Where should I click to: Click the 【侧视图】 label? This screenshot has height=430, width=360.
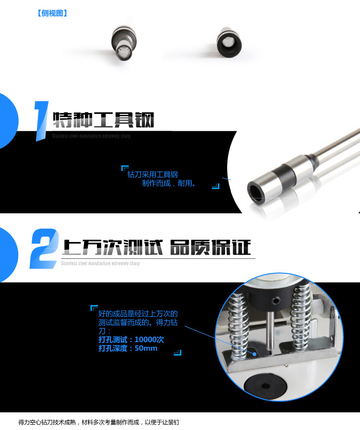(x=52, y=13)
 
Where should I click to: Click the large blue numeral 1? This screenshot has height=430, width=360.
(x=41, y=121)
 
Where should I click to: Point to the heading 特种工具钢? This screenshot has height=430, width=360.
(x=103, y=120)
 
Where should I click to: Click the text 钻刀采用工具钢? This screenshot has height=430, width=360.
(x=153, y=174)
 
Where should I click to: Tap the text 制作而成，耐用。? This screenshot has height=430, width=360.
(x=169, y=183)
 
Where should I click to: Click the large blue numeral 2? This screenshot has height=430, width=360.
(x=44, y=248)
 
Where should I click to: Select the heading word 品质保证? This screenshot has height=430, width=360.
(x=210, y=247)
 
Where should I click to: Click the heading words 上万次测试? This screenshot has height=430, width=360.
(x=113, y=247)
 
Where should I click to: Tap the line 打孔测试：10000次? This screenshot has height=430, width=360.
(x=131, y=340)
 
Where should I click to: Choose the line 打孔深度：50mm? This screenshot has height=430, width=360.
(x=128, y=348)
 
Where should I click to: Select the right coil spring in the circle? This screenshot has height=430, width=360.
(x=301, y=315)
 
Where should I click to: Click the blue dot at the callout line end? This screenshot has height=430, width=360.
(x=254, y=354)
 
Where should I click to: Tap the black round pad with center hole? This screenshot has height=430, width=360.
(x=265, y=386)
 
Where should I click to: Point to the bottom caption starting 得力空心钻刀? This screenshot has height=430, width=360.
(x=98, y=422)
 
